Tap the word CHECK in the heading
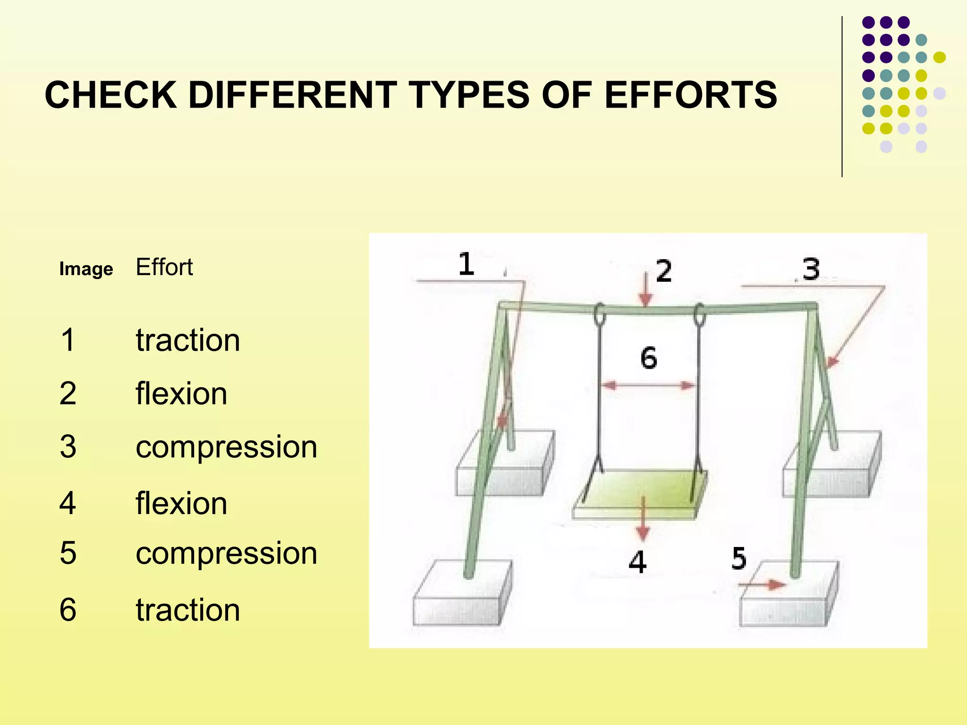point(111,94)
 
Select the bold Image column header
point(86,269)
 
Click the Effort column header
point(164,267)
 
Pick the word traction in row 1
point(187,340)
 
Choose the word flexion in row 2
point(181,394)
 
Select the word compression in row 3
point(226,447)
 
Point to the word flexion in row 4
point(181,503)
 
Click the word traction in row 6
point(187,610)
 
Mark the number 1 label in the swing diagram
point(466,264)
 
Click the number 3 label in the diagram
point(811,270)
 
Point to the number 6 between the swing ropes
point(649,358)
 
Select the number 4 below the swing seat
point(637,562)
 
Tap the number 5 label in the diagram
point(739,558)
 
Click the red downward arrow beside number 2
point(645,290)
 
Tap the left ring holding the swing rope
point(600,314)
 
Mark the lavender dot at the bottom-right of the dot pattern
point(921,146)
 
